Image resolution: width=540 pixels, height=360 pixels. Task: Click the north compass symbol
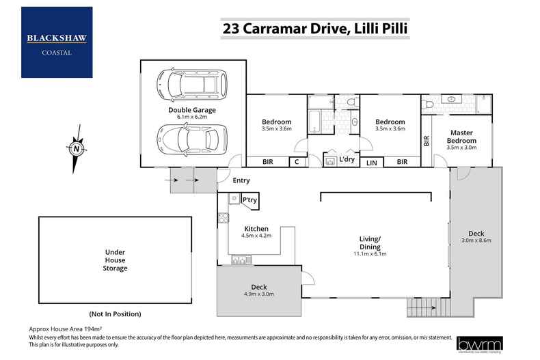77,148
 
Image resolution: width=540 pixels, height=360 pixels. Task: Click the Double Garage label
192,109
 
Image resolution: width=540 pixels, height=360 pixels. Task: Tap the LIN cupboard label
372,162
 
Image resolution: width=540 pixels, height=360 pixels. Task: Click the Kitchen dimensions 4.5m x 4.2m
256,236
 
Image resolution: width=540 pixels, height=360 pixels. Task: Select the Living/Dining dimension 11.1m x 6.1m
370,253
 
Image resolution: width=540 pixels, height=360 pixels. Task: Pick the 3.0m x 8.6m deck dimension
476,240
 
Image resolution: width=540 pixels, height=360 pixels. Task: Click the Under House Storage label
115,260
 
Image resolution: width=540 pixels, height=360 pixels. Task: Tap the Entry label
241,180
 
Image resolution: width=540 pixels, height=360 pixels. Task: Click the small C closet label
297,162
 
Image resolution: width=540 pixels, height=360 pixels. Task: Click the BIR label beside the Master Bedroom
427,141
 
